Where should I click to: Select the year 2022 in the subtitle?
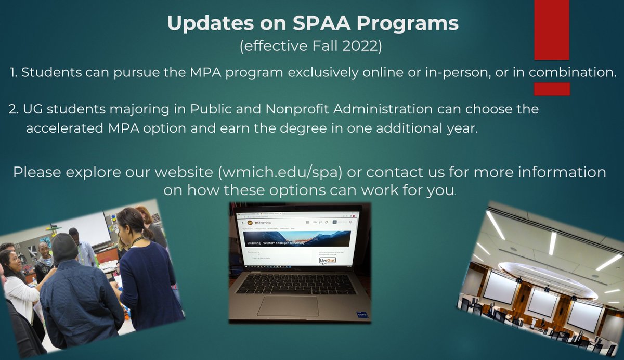coord(364,46)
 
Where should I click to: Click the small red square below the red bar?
coord(552,88)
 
